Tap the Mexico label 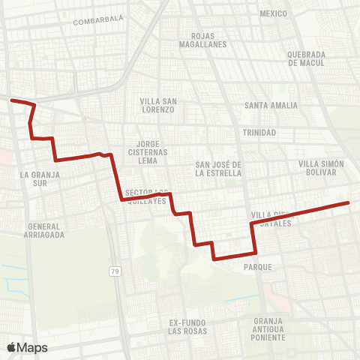(273, 14)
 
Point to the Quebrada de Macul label (306, 59)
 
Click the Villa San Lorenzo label (157, 105)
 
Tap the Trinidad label (259, 133)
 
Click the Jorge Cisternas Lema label (157, 151)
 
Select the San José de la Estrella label (217, 169)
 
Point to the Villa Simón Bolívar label (321, 169)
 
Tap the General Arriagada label (45, 230)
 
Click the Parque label (257, 266)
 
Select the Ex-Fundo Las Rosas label (187, 327)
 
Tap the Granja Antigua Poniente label (269, 328)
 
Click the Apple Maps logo (28, 347)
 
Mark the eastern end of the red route (349, 202)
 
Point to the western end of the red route (12, 99)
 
